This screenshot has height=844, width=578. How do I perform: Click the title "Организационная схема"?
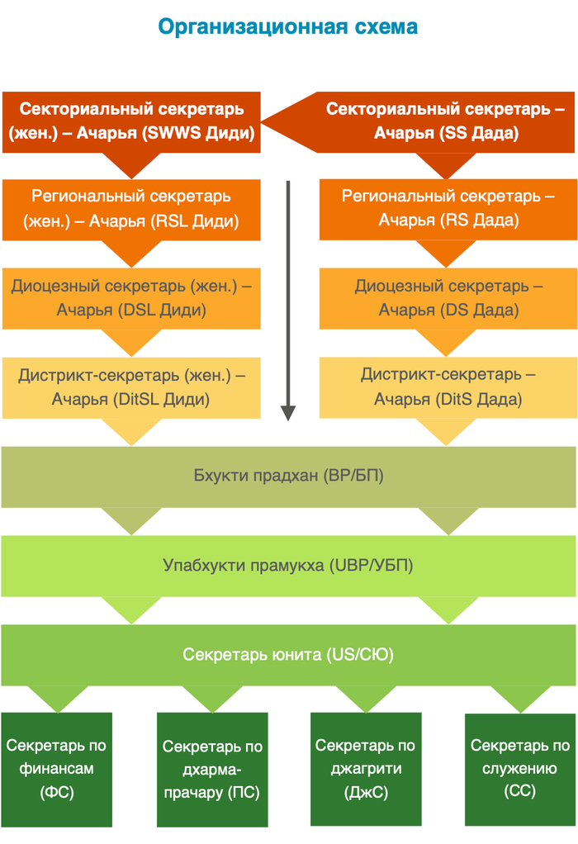[287, 27]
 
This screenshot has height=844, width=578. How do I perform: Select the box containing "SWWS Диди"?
[132, 121]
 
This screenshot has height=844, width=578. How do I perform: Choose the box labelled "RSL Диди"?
[132, 209]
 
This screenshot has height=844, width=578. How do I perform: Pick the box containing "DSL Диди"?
[132, 298]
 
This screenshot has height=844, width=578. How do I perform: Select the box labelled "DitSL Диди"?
[132, 387]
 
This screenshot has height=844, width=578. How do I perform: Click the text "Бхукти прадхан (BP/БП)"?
[288, 477]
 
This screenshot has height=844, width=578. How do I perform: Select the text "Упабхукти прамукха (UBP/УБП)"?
[288, 566]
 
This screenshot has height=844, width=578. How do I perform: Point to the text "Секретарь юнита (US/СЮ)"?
[288, 655]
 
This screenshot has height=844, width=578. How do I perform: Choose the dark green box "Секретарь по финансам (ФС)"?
[56, 769]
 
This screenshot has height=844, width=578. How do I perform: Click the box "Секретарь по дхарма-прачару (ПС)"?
[212, 769]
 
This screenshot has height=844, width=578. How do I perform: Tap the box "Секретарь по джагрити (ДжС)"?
[366, 769]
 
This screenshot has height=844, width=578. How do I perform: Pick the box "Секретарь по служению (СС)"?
[520, 769]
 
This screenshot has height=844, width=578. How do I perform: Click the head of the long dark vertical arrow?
[288, 412]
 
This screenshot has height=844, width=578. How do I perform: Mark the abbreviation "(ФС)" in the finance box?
[56, 792]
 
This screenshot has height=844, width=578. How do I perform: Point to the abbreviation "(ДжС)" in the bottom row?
[366, 792]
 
